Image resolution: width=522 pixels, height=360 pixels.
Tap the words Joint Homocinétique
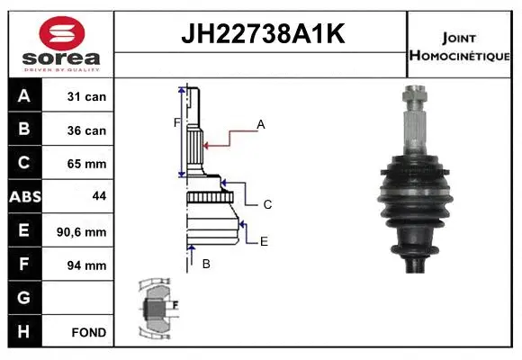click(458, 46)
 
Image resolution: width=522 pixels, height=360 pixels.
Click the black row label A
click(24, 96)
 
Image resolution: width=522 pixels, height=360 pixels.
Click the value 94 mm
click(88, 265)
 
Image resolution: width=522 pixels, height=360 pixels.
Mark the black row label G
click(24, 298)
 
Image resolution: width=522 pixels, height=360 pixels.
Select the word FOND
click(88, 332)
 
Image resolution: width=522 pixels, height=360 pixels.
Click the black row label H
click(24, 331)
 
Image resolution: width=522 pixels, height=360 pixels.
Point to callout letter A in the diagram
click(261, 125)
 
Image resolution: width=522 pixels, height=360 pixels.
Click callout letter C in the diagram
click(267, 205)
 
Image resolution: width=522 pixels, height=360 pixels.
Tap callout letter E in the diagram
click(264, 241)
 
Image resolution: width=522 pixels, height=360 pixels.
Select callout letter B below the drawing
click(206, 264)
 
